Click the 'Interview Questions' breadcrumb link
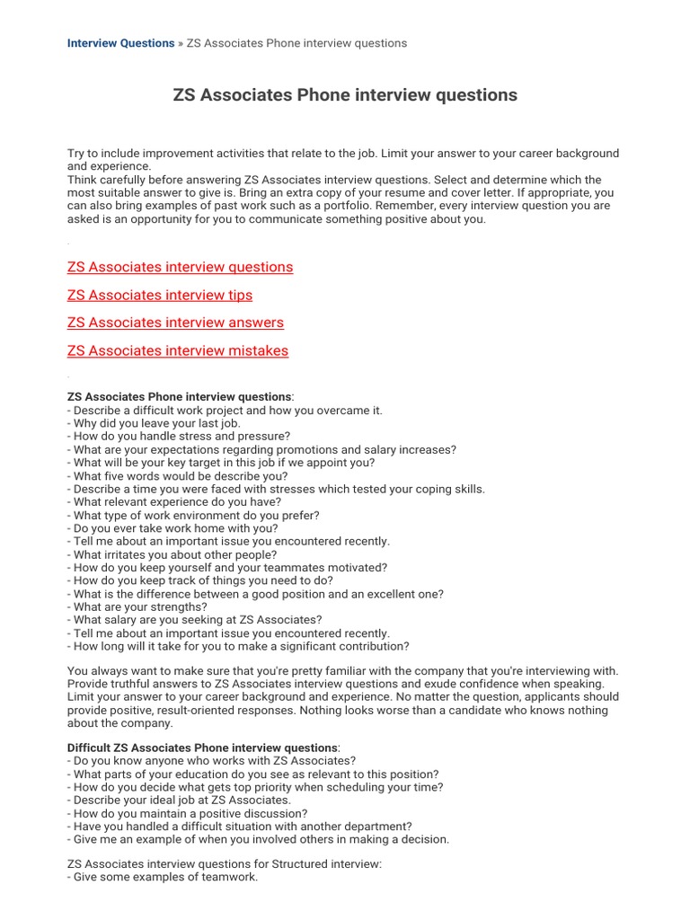(x=120, y=43)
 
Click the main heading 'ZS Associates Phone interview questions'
(x=345, y=95)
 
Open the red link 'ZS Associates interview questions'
(x=180, y=267)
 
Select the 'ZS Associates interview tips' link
(x=160, y=295)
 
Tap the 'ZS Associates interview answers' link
(x=175, y=323)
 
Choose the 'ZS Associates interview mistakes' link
(x=178, y=350)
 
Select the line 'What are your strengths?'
(x=140, y=606)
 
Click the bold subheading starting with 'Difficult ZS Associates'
(x=202, y=747)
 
